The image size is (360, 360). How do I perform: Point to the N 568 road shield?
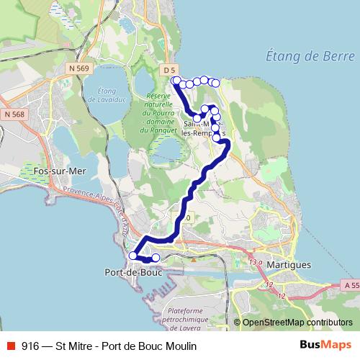(x=13, y=114)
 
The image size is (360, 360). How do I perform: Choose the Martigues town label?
(x=289, y=264)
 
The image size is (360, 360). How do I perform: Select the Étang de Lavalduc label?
(x=106, y=94)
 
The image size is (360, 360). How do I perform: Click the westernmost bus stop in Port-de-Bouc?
(x=132, y=256)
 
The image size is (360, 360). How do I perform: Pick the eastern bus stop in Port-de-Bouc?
(x=156, y=258)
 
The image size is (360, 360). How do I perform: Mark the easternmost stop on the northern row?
(x=215, y=82)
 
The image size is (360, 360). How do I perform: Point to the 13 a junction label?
(x=255, y=261)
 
